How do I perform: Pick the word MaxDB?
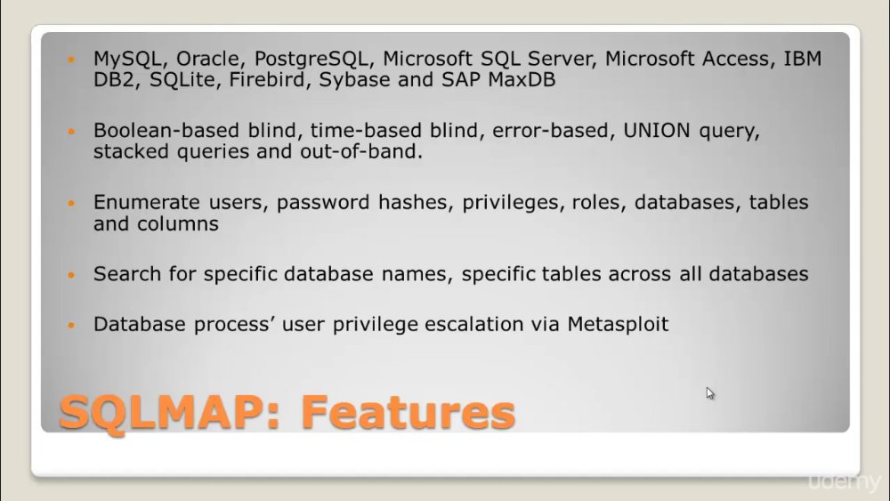click(522, 79)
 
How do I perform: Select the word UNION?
click(656, 131)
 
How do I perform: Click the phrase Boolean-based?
click(166, 131)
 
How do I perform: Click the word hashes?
click(416, 202)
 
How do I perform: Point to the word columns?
click(177, 223)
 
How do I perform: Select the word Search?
click(127, 274)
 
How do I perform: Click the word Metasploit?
click(619, 324)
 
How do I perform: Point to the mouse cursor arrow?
click(709, 393)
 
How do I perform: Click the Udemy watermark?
click(844, 482)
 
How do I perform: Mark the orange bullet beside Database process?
click(71, 325)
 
